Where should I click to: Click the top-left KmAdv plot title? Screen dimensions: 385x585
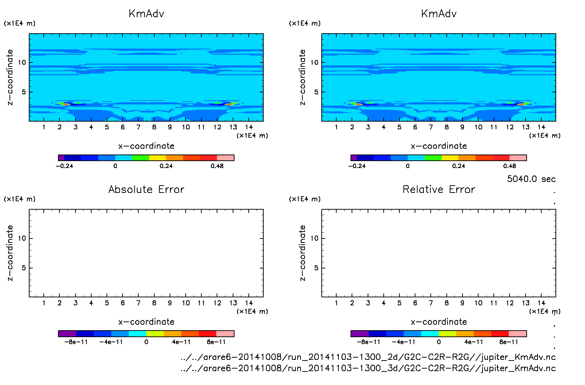coord(146,14)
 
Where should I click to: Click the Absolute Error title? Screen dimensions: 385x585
coord(146,190)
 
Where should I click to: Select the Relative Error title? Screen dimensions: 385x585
coord(439,190)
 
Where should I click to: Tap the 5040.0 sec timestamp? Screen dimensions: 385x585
coord(531,179)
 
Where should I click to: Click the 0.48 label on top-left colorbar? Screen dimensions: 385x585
coord(217,166)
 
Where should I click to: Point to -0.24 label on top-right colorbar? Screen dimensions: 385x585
coord(357,166)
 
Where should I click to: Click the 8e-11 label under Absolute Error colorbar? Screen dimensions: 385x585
coord(216,342)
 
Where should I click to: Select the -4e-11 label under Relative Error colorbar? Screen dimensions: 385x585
coord(403,342)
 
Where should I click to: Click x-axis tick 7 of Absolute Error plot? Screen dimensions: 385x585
coord(138,303)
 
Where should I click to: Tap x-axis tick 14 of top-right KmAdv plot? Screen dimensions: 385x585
coord(541,127)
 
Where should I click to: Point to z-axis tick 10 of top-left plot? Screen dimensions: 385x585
coord(22,62)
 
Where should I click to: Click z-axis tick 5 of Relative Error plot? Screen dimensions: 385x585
coord(316,268)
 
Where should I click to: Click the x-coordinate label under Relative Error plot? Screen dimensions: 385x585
coord(439,322)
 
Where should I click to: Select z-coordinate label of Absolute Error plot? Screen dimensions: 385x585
coord(10,253)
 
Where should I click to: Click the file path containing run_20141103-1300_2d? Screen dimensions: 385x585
coord(368,357)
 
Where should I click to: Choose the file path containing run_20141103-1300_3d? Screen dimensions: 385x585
coord(368,368)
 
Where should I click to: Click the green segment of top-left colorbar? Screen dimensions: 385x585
coord(140,158)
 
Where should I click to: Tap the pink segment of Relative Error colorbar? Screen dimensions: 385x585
coord(518,333)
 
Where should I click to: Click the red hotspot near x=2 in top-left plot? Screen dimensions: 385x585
coord(66,104)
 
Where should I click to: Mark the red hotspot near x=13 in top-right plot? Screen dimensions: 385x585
coord(522,104)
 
